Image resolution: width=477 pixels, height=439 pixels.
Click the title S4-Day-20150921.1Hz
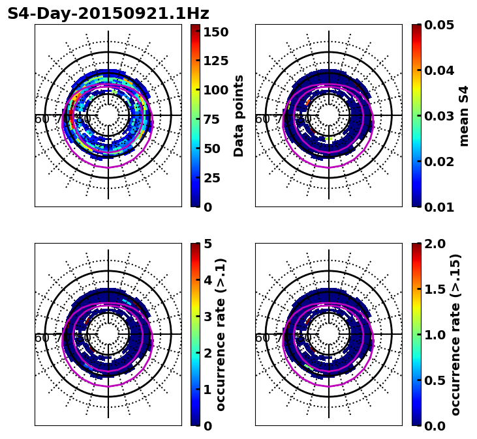[x=108, y=14]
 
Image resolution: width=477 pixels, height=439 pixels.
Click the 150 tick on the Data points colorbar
[x=216, y=32]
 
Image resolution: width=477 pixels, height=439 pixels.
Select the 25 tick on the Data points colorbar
[x=216, y=178]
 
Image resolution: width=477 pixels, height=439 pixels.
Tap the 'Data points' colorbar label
[x=239, y=115]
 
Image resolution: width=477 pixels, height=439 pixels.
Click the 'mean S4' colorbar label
[x=464, y=115]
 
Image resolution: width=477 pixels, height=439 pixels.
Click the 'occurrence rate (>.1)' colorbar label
[x=221, y=334]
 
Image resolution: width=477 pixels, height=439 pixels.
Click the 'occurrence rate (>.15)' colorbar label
[x=455, y=334]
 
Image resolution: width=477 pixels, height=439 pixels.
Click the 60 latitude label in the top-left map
[x=41, y=119]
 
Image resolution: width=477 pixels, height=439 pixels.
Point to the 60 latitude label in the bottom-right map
[x=262, y=337]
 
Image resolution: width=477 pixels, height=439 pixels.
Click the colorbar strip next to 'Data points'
[x=194, y=115]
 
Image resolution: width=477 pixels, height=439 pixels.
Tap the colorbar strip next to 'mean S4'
[x=416, y=115]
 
